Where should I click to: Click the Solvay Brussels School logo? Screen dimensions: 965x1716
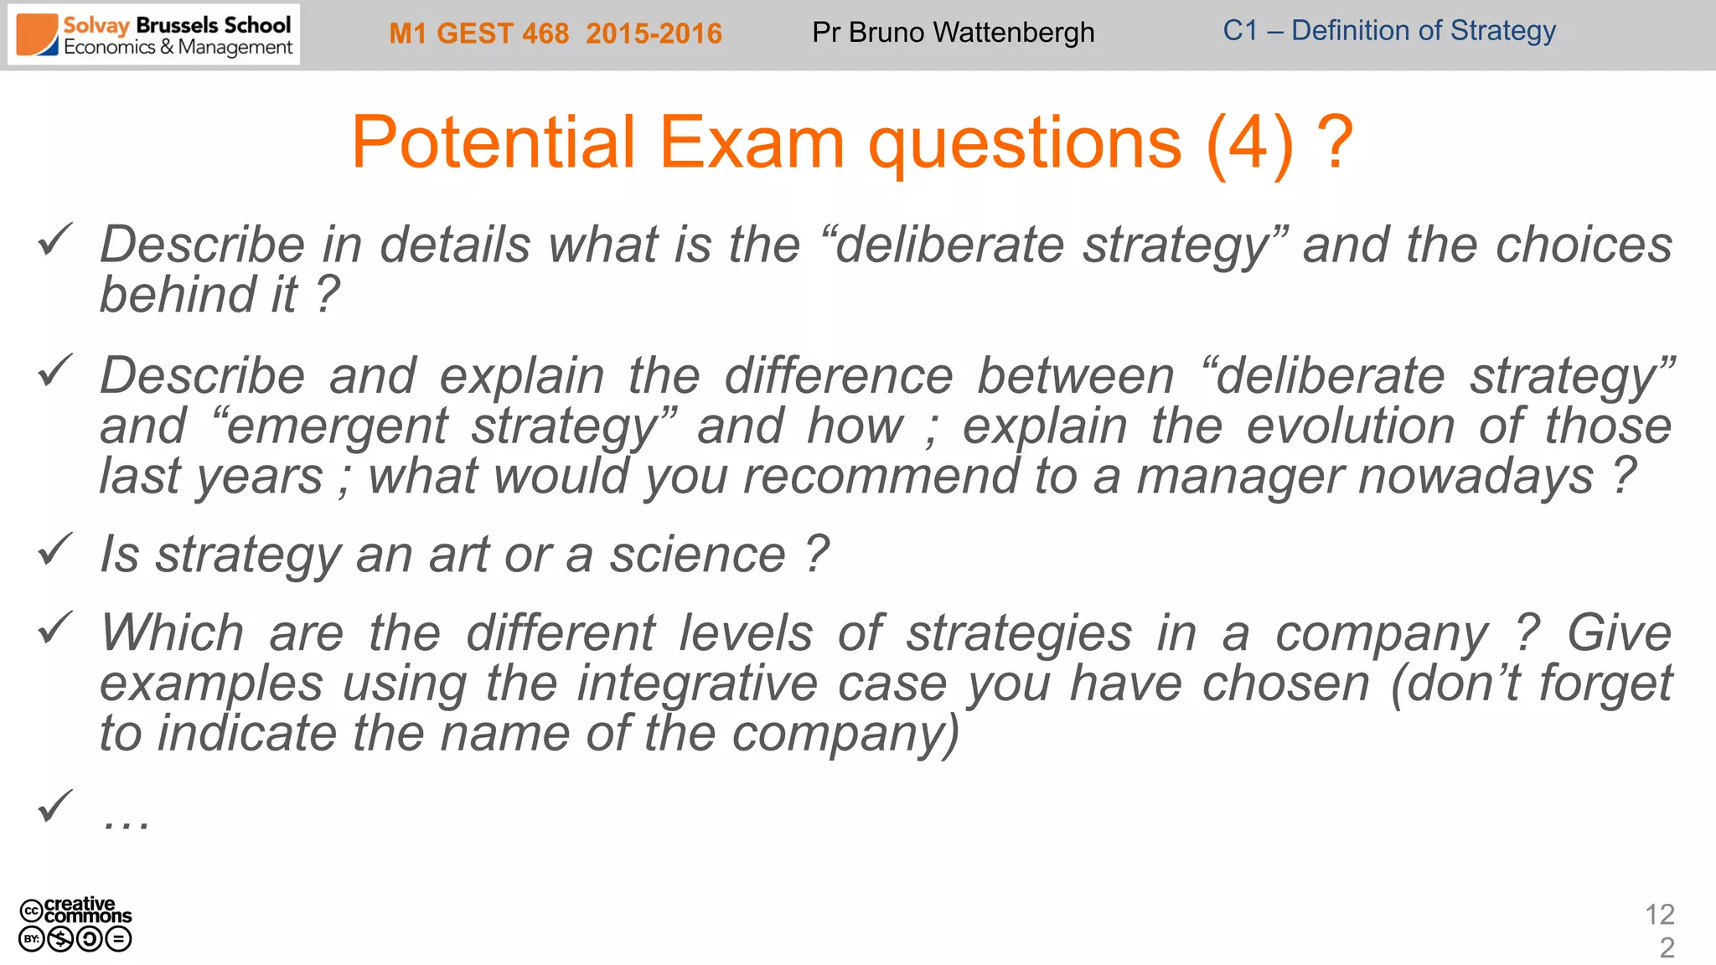click(x=154, y=35)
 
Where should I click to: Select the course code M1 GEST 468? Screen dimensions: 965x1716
click(x=478, y=34)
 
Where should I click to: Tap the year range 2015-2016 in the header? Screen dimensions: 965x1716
click(x=654, y=34)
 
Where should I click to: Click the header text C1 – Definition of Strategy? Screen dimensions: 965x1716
click(x=1388, y=31)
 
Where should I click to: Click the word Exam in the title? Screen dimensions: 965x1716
click(x=752, y=142)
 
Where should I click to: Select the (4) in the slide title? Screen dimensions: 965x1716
click(x=1249, y=142)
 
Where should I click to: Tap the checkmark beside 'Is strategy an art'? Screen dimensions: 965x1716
click(x=55, y=550)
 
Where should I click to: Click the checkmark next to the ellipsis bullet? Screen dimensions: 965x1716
click(x=55, y=807)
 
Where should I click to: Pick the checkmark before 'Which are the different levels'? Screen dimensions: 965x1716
click(x=55, y=628)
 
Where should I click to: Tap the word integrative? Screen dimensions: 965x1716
click(x=697, y=683)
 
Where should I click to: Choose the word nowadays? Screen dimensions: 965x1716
click(x=1476, y=476)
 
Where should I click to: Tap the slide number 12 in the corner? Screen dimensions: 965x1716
click(x=1659, y=914)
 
